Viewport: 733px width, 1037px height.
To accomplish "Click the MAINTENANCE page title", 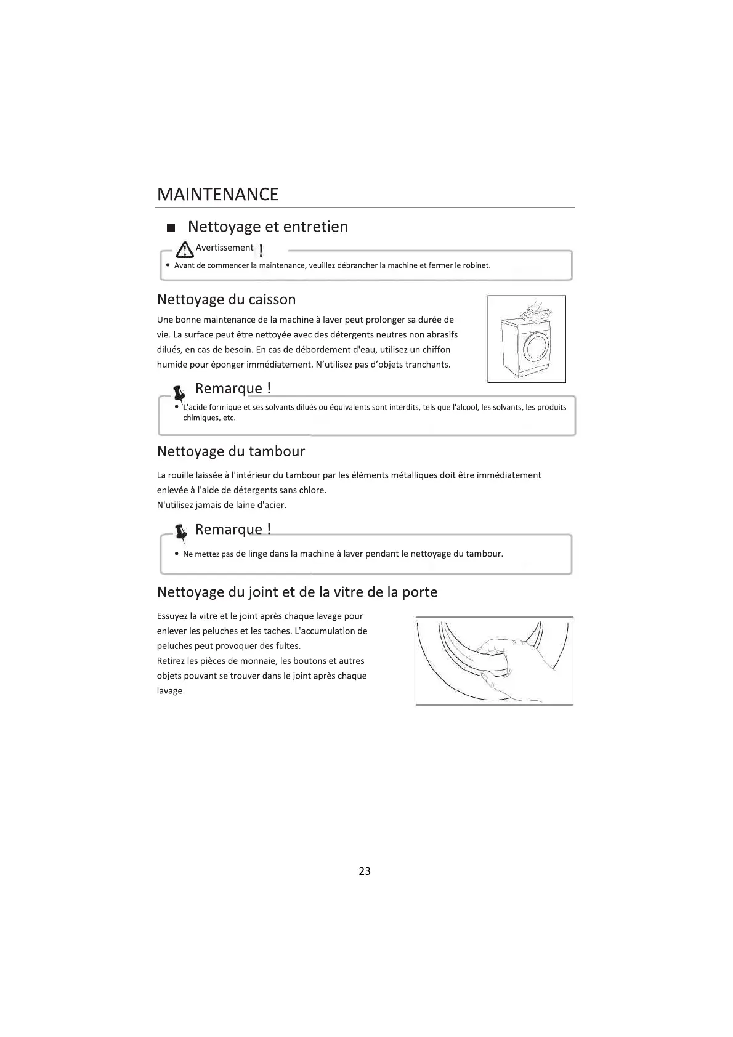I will point(217,195).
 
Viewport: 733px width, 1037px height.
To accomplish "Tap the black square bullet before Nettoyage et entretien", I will point(171,228).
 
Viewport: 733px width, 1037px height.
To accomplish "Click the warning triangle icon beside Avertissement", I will point(184,249).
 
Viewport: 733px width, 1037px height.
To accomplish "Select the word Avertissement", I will point(224,248).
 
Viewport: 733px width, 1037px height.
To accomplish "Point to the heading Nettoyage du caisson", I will point(226,300).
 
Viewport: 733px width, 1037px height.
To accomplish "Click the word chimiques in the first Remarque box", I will point(200,418).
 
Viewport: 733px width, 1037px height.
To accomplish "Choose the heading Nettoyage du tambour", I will point(231,451).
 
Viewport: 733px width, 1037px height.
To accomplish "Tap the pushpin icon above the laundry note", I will point(180,533).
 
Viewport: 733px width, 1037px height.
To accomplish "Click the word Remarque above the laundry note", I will point(229,530).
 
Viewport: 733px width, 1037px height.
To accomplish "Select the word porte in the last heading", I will point(419,592).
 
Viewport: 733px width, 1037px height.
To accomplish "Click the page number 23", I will point(365,871).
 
